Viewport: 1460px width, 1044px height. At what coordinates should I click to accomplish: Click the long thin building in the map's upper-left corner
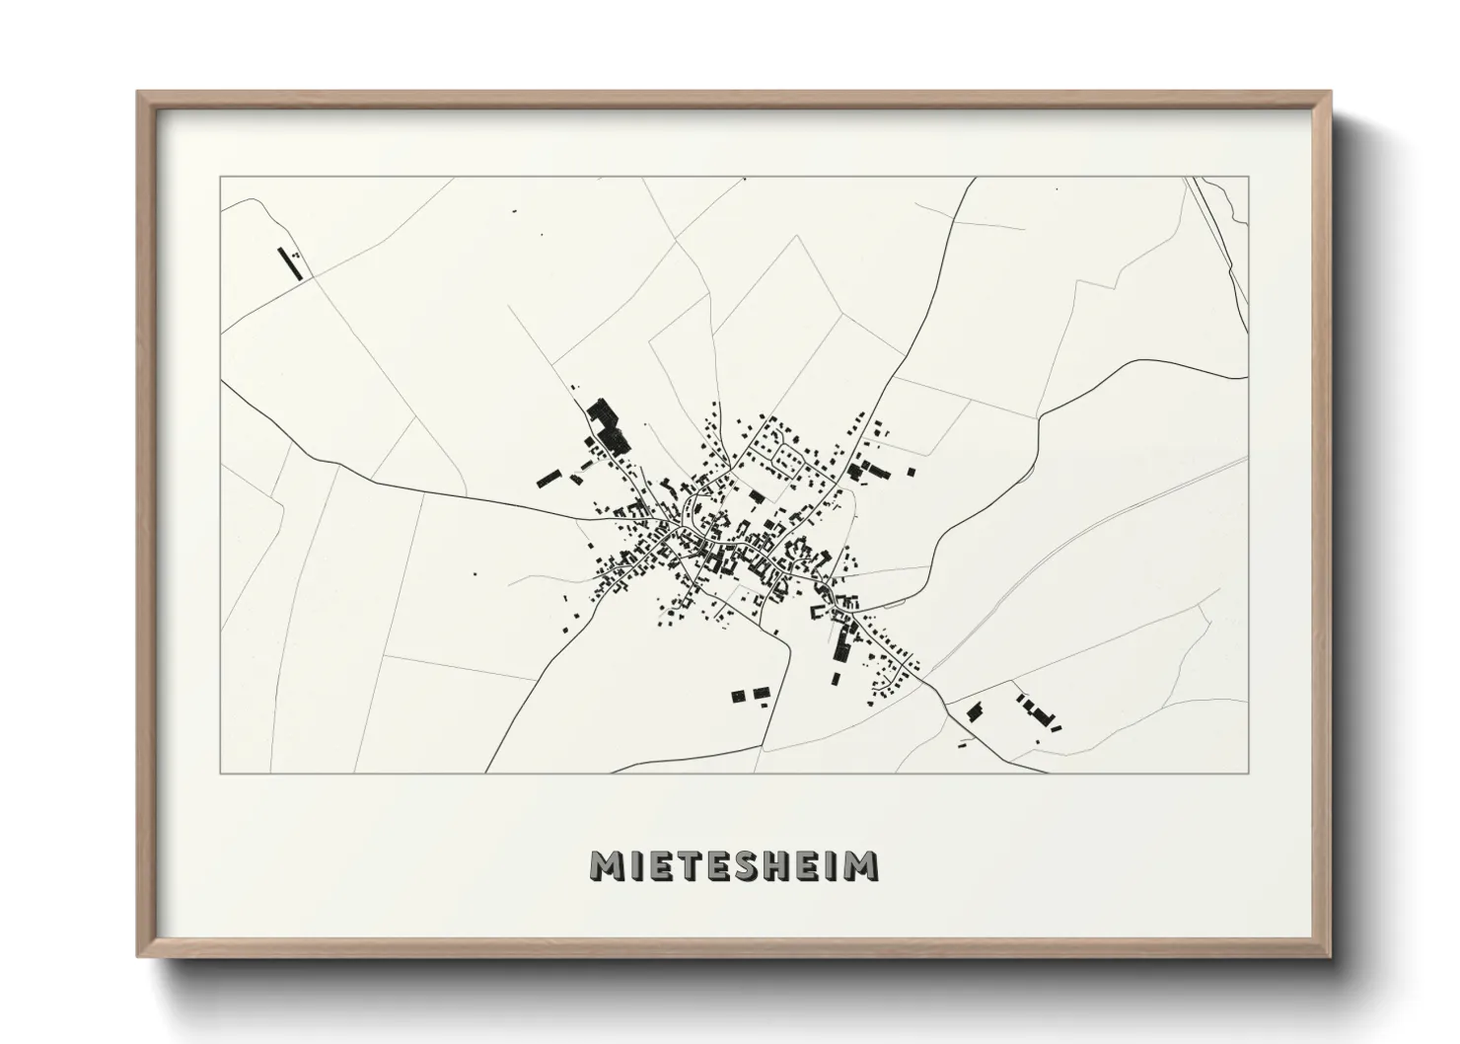click(x=291, y=263)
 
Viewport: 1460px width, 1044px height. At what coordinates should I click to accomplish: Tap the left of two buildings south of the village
click(x=739, y=696)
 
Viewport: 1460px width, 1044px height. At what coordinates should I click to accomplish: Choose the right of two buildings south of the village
click(x=761, y=694)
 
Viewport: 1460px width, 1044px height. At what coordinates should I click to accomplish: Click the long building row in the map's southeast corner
click(x=1037, y=710)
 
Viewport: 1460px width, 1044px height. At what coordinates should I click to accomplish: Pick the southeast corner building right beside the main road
click(x=975, y=711)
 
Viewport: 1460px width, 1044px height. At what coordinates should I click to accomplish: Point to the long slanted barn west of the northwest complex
click(x=547, y=480)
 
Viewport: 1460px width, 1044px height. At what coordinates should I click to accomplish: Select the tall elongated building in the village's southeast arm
click(x=842, y=643)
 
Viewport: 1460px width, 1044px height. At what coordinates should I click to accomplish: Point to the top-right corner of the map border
click(x=1249, y=177)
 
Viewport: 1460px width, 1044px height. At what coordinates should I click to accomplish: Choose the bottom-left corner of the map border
click(x=220, y=774)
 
